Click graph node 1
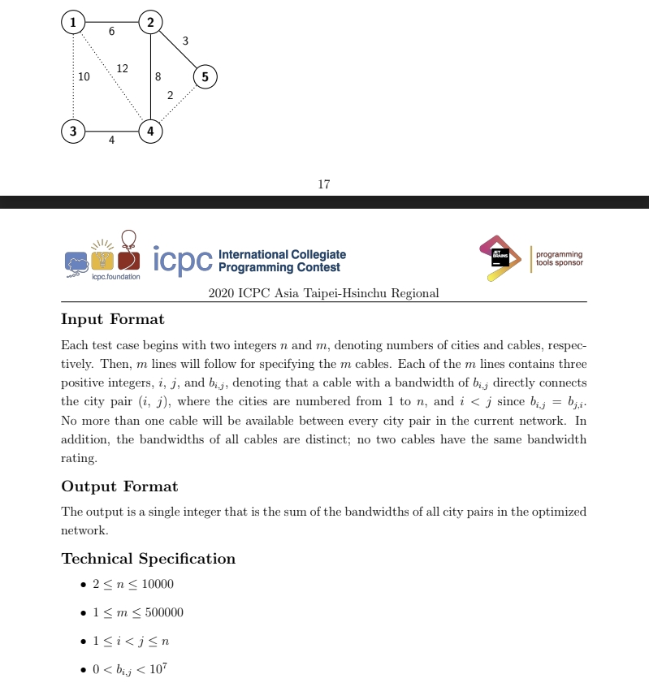click(73, 22)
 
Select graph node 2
click(150, 22)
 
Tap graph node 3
click(73, 131)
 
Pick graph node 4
click(150, 131)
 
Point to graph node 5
click(205, 77)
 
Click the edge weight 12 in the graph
click(122, 68)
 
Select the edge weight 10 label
click(84, 77)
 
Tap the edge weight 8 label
click(158, 77)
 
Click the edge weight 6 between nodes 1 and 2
click(111, 32)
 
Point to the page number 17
click(324, 184)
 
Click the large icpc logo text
click(182, 259)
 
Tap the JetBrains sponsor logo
click(500, 257)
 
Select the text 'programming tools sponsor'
click(559, 258)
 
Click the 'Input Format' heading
click(112, 319)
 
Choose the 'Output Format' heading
click(119, 486)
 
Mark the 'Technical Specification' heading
click(148, 559)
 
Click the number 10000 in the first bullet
click(158, 585)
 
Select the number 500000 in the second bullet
click(164, 612)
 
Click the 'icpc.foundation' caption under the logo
click(115, 277)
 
